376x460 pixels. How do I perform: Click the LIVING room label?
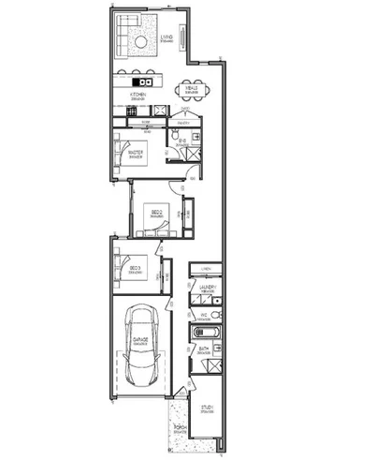pyautogui.click(x=166, y=38)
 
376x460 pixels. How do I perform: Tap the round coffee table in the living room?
pyautogui.click(x=139, y=44)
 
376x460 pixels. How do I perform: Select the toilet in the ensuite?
pyautogui.click(x=175, y=141)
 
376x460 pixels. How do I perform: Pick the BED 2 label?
pyautogui.click(x=157, y=214)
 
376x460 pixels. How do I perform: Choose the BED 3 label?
pyautogui.click(x=134, y=270)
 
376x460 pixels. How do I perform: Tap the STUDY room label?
pyautogui.click(x=207, y=408)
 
